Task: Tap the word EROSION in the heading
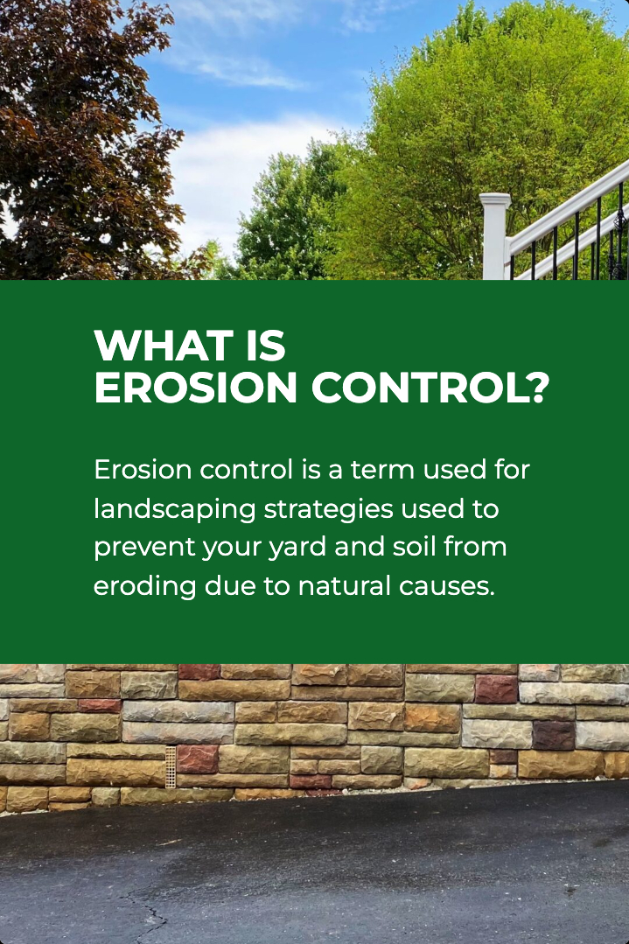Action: (196, 387)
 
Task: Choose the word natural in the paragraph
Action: (345, 586)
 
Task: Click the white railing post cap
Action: (495, 199)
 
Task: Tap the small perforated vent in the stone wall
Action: (171, 767)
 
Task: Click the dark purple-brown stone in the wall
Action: (554, 735)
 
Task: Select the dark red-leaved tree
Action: (84, 132)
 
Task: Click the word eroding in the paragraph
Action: (145, 587)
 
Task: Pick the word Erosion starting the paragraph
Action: (143, 470)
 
